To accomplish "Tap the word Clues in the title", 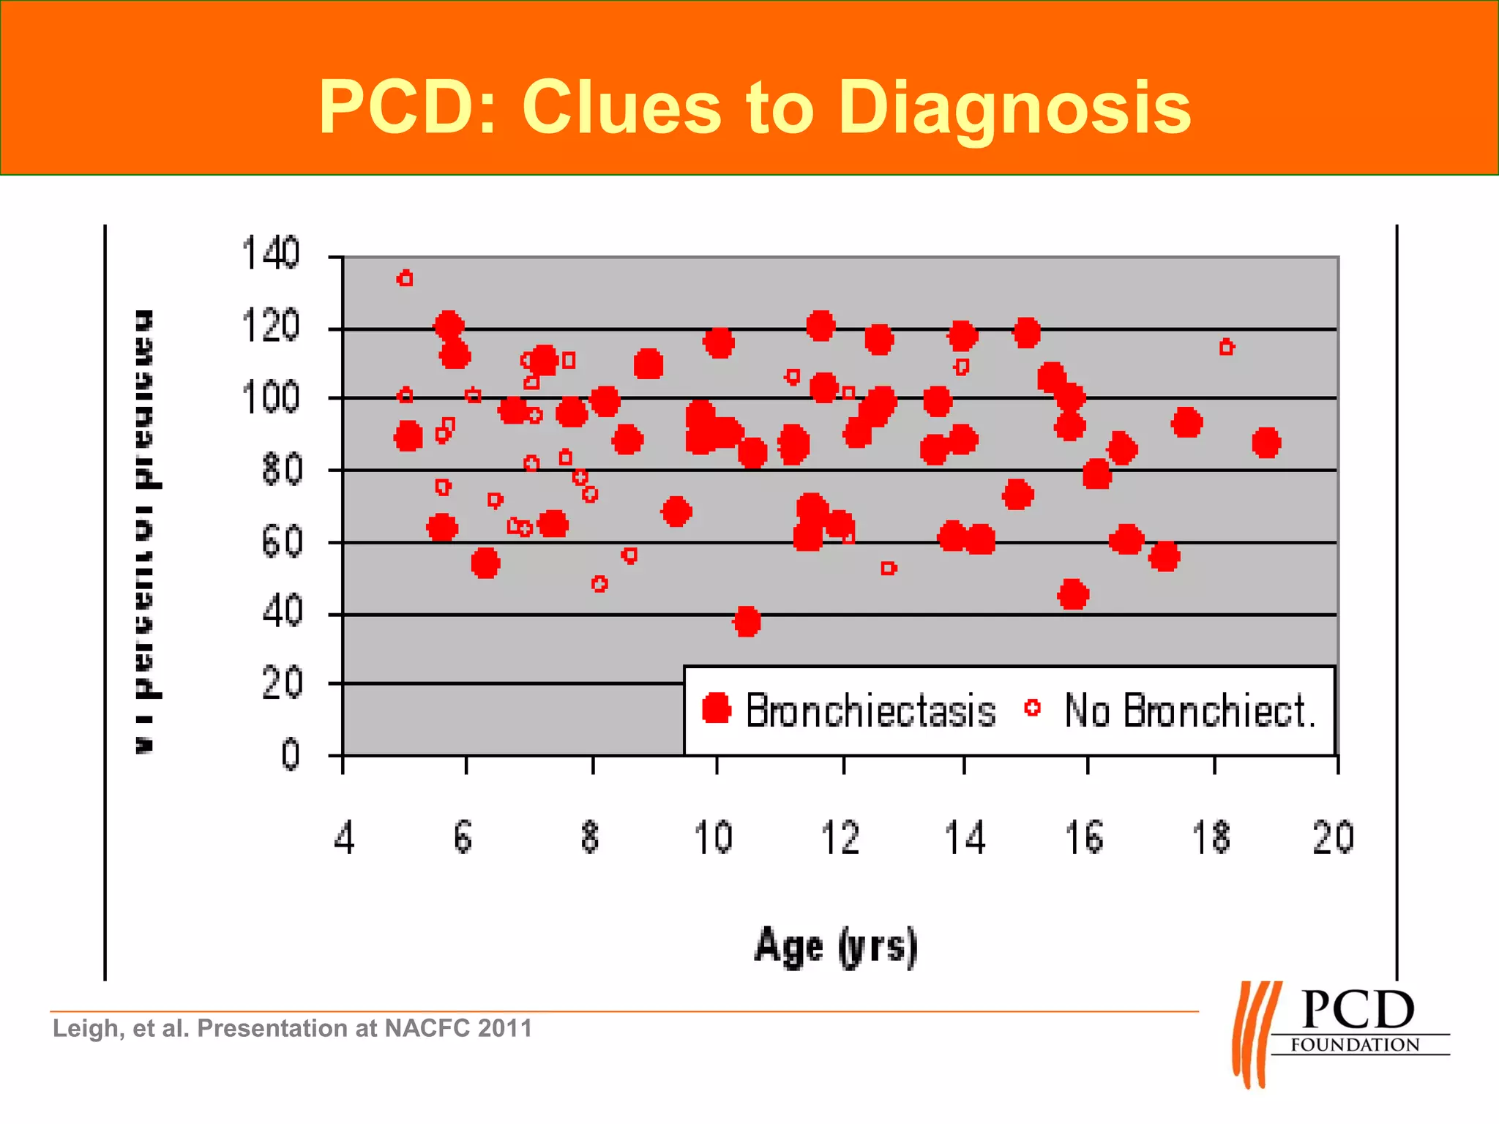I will click(x=621, y=108).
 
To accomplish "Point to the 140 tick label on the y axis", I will click(x=271, y=254).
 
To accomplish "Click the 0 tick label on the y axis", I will click(x=291, y=754).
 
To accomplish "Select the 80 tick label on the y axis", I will click(x=282, y=469).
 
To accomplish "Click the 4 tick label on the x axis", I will click(x=344, y=838).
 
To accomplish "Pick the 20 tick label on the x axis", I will click(x=1333, y=838).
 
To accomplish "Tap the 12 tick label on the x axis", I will click(x=840, y=838).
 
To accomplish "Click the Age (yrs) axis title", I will click(x=836, y=946).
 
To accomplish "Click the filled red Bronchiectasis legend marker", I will click(x=717, y=708).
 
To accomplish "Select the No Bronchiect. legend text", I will click(x=1189, y=711).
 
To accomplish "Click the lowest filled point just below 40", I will click(x=747, y=622).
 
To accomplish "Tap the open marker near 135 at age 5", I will click(x=405, y=279).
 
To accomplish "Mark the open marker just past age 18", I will click(x=1227, y=348).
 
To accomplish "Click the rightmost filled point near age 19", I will click(x=1266, y=443).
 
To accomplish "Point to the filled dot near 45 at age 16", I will click(x=1073, y=595).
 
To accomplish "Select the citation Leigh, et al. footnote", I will click(x=292, y=1028).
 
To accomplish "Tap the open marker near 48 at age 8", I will click(x=599, y=584).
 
